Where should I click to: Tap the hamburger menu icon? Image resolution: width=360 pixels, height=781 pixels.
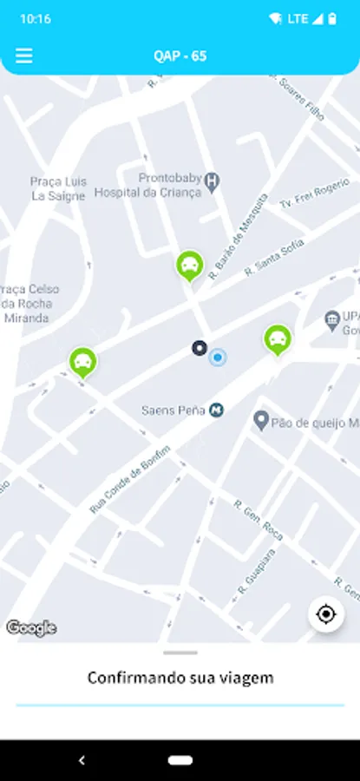24,56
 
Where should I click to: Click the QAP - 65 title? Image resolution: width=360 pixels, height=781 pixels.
180,56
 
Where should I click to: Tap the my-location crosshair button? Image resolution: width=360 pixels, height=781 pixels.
326,614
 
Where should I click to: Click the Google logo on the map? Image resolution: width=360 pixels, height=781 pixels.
31,628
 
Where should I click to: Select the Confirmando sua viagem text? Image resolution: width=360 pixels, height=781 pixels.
180,678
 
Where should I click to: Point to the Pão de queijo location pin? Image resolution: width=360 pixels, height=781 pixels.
260,421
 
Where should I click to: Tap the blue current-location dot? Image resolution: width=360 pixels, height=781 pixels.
218,357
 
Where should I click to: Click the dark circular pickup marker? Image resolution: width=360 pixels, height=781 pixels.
200,349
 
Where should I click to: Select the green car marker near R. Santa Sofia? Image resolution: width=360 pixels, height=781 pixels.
189,265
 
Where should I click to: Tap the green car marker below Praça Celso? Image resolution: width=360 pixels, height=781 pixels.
83,361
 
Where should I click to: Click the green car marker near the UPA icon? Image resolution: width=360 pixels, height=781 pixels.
278,339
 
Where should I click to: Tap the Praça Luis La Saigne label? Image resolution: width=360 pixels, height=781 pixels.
58,188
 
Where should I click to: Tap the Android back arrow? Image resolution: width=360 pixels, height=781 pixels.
82,760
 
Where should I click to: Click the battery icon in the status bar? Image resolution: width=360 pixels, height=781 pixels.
332,18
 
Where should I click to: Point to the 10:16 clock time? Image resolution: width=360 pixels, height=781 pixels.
35,18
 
